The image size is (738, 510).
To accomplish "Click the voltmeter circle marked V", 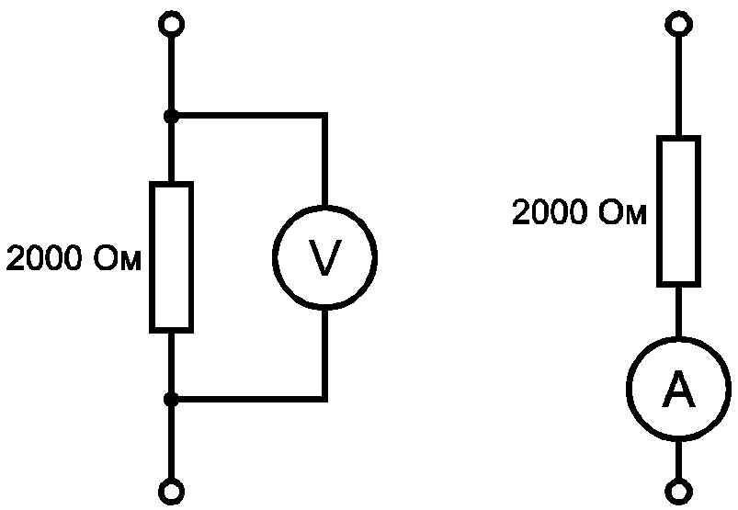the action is tap(274, 257).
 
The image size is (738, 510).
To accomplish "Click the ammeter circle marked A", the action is tap(628, 389).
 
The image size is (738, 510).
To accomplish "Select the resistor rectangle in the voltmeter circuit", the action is tap(151, 257).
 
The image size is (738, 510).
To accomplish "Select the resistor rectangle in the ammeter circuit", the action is tap(658, 211).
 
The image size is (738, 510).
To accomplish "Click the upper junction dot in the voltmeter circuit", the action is tap(171, 116).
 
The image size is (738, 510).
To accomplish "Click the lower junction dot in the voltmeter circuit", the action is tap(171, 400).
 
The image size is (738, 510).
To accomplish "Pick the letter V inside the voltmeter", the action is tap(324, 257).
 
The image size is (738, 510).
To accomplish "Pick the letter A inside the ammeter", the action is tap(678, 389).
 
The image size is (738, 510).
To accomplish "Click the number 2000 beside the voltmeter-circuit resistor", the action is tap(45, 258).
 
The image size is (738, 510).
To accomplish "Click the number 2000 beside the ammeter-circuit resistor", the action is tap(551, 211).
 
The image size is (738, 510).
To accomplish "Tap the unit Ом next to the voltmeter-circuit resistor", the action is tap(118, 258).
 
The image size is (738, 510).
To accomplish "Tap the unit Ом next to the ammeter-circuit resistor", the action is tap(623, 211).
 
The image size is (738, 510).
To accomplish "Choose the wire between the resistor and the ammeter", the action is tap(678, 312).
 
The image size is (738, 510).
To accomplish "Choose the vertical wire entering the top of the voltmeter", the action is tap(324, 160).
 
